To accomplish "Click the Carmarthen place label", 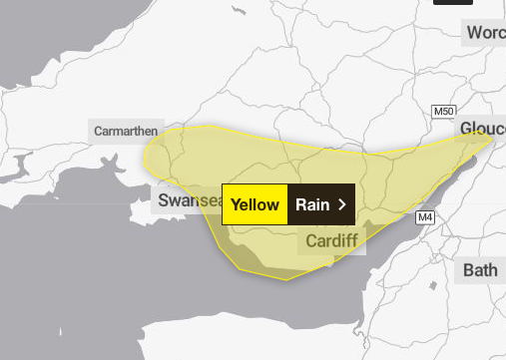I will [x=127, y=131].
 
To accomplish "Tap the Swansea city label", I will [x=188, y=200].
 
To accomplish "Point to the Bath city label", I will [x=480, y=269].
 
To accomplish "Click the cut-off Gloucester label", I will [x=482, y=130].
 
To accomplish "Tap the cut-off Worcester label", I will [x=485, y=33].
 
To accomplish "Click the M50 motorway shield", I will [x=443, y=109].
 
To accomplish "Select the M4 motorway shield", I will [x=426, y=217].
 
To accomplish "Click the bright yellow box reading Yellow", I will [x=254, y=204].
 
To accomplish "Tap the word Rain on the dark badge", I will [x=312, y=204].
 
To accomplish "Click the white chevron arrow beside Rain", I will [x=342, y=204].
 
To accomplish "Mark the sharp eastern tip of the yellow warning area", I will [x=494, y=135].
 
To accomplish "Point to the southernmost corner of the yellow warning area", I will [x=287, y=279].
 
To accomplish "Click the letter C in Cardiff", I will [x=311, y=241].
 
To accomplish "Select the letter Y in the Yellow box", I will [x=235, y=204].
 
